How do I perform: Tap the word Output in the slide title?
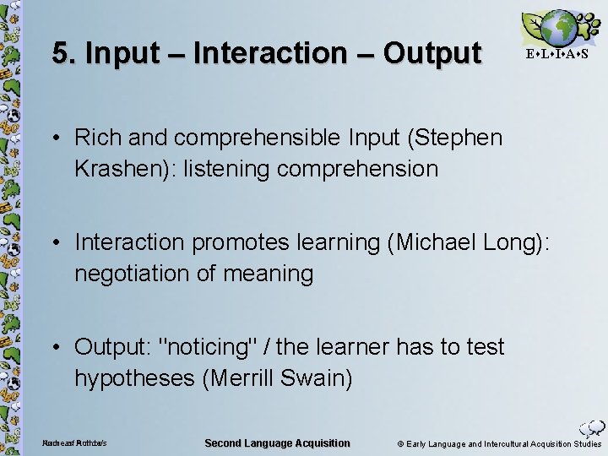click(432, 53)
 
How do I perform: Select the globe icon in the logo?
click(558, 28)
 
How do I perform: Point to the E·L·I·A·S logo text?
click(556, 54)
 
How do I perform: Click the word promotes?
click(237, 242)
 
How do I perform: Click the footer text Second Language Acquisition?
click(277, 443)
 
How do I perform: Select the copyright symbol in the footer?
click(400, 444)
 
